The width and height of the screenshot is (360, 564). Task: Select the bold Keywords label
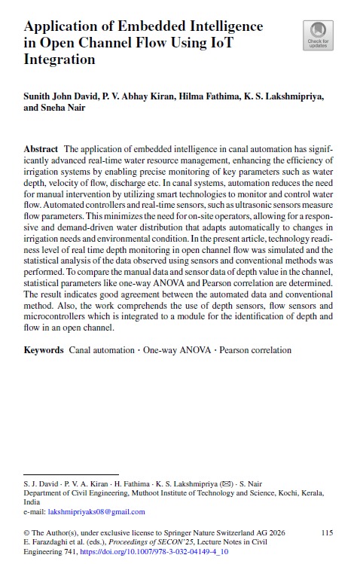tap(44, 350)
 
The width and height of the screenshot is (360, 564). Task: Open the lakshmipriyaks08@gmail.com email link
tap(96, 512)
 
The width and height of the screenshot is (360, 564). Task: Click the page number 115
tap(327, 533)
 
